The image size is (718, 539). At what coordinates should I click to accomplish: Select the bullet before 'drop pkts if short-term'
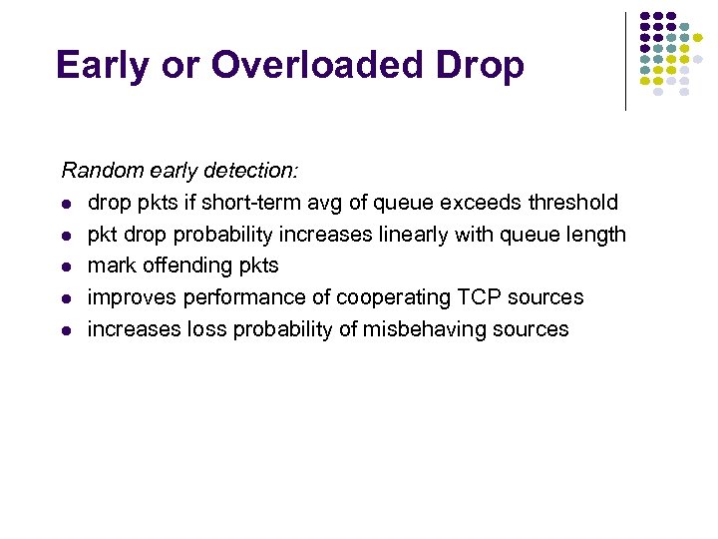pyautogui.click(x=66, y=204)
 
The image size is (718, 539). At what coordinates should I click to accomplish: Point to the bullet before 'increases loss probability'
pyautogui.click(x=66, y=330)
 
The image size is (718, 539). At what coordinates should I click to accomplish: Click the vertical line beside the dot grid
pyautogui.click(x=625, y=60)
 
